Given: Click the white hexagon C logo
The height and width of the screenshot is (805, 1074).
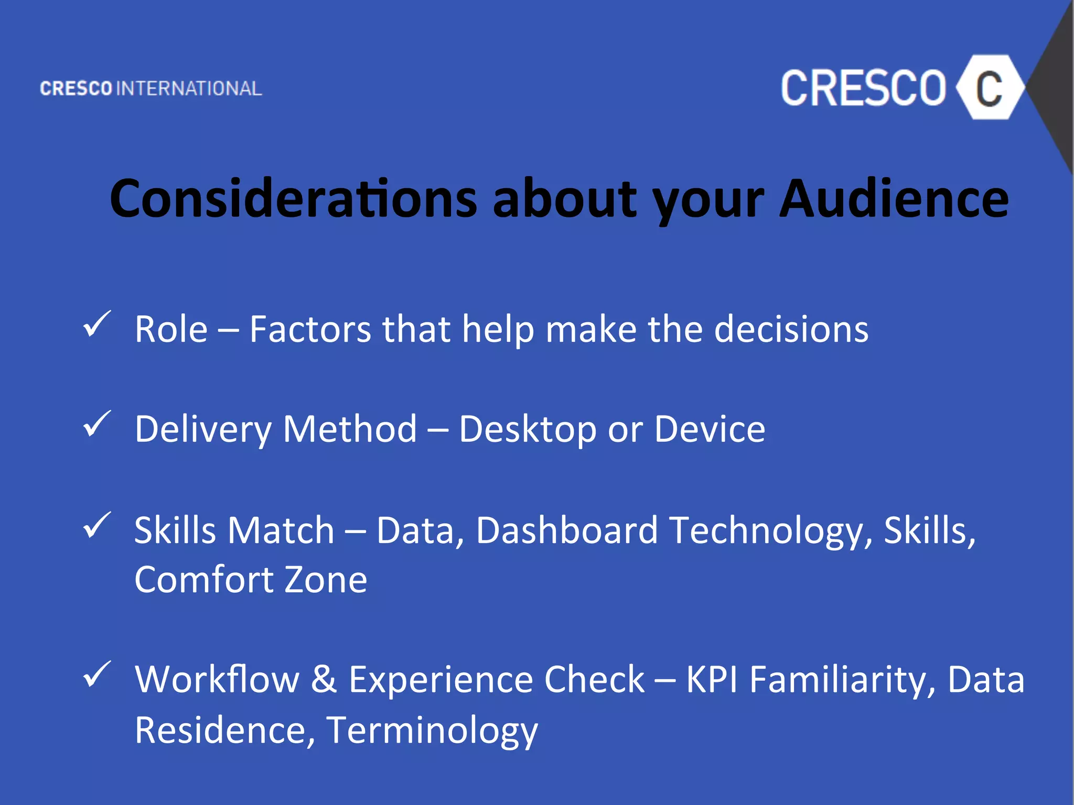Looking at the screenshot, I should (989, 88).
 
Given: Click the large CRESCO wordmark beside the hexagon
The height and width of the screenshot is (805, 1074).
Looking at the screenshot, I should (863, 88).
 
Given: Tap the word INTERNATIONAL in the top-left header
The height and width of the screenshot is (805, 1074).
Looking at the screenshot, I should (189, 89).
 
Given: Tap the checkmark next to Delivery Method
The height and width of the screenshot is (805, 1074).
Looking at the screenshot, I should (96, 424).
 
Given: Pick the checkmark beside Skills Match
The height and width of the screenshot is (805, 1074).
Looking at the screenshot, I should (96, 525).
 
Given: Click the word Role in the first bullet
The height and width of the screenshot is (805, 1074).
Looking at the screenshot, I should (171, 330).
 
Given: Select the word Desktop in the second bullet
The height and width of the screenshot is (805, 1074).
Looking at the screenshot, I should (528, 430).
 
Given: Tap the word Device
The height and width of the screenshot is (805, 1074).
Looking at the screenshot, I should (710, 429).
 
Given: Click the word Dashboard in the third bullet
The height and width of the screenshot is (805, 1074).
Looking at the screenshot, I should (567, 530).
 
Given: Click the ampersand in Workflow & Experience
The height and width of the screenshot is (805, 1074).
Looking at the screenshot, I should (324, 679).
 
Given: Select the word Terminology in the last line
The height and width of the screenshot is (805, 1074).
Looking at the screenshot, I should (432, 731).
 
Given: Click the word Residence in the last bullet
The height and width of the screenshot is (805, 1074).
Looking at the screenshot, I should (225, 730).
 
